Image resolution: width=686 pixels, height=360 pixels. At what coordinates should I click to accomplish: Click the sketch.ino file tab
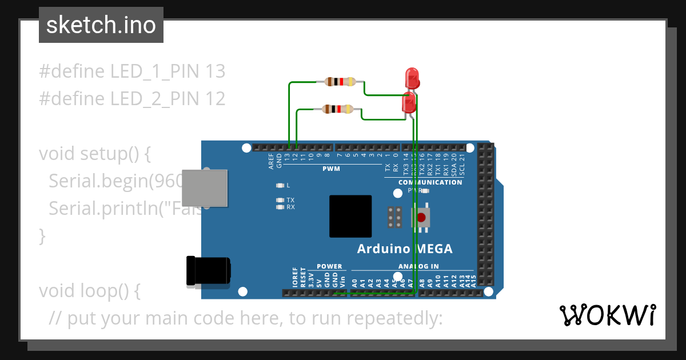pos(101,25)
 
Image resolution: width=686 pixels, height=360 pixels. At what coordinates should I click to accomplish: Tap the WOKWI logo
pos(607,315)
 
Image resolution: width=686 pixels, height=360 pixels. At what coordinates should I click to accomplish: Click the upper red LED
pos(412,78)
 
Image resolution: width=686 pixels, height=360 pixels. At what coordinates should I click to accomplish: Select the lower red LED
pos(409,103)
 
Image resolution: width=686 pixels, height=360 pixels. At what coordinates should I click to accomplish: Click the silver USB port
pos(204,189)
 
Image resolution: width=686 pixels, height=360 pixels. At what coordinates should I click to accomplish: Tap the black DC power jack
pos(209,270)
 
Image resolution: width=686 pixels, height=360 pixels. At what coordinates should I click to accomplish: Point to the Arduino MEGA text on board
pos(404,249)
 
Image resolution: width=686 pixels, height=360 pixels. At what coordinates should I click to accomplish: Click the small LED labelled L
pos(280,186)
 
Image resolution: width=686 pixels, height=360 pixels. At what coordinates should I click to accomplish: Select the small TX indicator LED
pos(280,200)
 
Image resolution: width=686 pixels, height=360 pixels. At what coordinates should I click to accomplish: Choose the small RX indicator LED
pos(280,207)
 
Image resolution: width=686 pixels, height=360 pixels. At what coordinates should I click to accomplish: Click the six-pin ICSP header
pos(394,218)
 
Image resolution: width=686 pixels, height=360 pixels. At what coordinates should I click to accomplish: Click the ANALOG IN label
pos(418,266)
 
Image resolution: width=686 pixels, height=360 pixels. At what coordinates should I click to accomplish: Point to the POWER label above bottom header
pos(329,266)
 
